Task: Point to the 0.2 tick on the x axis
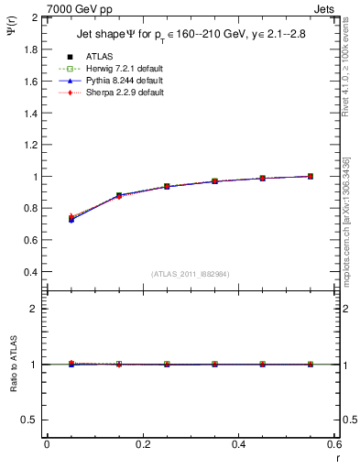click(142, 443)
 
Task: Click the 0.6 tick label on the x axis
click(333, 443)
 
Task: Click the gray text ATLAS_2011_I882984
click(190, 274)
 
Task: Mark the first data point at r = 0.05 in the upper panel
click(71, 219)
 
